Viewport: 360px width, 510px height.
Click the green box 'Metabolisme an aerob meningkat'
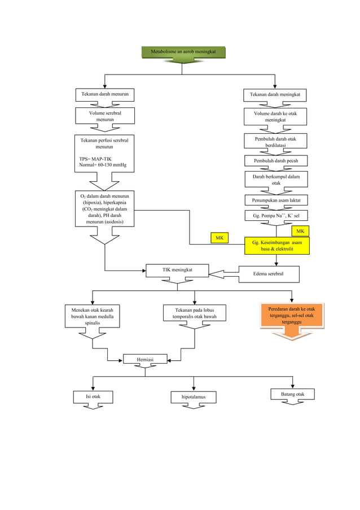tap(183, 53)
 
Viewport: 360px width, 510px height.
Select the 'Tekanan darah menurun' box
tap(106, 94)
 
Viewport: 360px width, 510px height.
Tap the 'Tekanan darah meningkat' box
tap(275, 95)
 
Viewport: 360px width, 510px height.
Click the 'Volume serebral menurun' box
tap(105, 116)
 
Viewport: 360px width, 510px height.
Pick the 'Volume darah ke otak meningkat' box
tap(275, 117)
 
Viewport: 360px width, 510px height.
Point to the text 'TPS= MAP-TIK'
tap(95, 159)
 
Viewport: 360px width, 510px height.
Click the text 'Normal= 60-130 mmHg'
tap(103, 165)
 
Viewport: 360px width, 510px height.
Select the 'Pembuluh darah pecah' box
tap(276, 161)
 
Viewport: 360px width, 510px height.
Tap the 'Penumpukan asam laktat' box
tap(276, 200)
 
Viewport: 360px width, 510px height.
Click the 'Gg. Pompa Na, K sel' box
tap(276, 216)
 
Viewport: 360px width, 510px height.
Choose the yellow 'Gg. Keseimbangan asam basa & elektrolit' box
tap(276, 246)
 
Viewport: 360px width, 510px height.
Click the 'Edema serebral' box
tap(269, 274)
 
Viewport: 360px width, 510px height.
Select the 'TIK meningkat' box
tap(177, 271)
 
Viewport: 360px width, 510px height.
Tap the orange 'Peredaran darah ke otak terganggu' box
tap(292, 316)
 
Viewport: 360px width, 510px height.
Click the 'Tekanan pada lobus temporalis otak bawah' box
tap(195, 313)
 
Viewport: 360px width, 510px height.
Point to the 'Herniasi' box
tap(145, 359)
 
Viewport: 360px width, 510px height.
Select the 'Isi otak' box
tap(93, 397)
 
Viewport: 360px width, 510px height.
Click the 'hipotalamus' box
tap(194, 398)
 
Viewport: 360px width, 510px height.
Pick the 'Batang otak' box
tap(292, 394)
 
